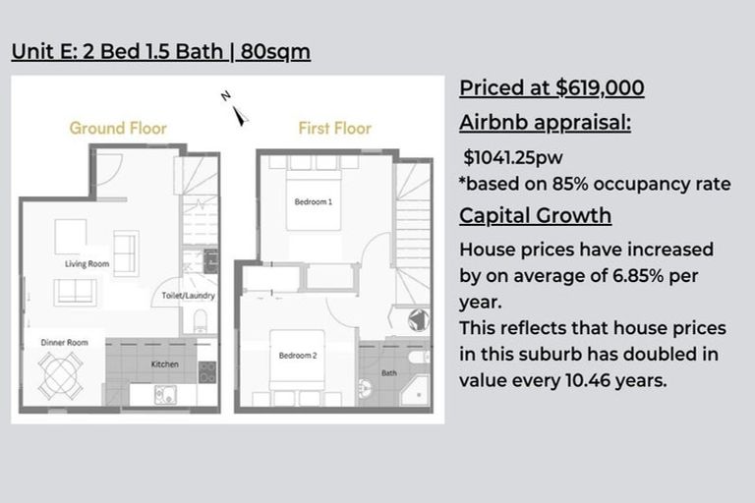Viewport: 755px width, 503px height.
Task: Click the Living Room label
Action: (87, 263)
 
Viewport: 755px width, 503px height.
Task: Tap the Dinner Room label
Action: (64, 343)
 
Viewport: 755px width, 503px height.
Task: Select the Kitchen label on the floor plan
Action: (165, 364)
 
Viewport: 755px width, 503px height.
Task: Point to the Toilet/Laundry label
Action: (189, 296)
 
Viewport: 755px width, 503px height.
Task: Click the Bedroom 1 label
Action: (314, 201)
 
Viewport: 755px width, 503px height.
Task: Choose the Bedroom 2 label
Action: (298, 356)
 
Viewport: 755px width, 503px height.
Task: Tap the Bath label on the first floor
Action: (389, 373)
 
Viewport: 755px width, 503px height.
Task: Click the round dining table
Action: (60, 376)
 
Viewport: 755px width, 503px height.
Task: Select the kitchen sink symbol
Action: (165, 395)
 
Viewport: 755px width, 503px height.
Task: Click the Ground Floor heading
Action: (118, 128)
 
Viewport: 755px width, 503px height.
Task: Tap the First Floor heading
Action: (335, 128)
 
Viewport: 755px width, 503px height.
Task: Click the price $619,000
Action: (600, 88)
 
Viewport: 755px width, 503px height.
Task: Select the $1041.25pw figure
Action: (513, 157)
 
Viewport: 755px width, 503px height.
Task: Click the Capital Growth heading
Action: (536, 215)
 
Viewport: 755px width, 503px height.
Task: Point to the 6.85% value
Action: (638, 276)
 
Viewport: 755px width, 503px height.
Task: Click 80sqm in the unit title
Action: (275, 51)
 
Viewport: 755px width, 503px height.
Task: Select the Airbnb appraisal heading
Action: (545, 123)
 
